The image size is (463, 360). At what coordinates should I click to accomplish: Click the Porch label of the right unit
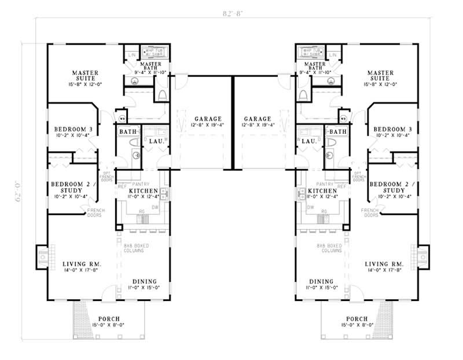pyautogui.click(x=357, y=319)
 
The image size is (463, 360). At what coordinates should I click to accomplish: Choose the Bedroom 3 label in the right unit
pyautogui.click(x=392, y=128)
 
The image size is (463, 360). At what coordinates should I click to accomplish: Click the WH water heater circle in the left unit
pyautogui.click(x=122, y=119)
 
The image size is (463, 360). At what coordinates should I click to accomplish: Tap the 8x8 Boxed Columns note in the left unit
pyautogui.click(x=137, y=249)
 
